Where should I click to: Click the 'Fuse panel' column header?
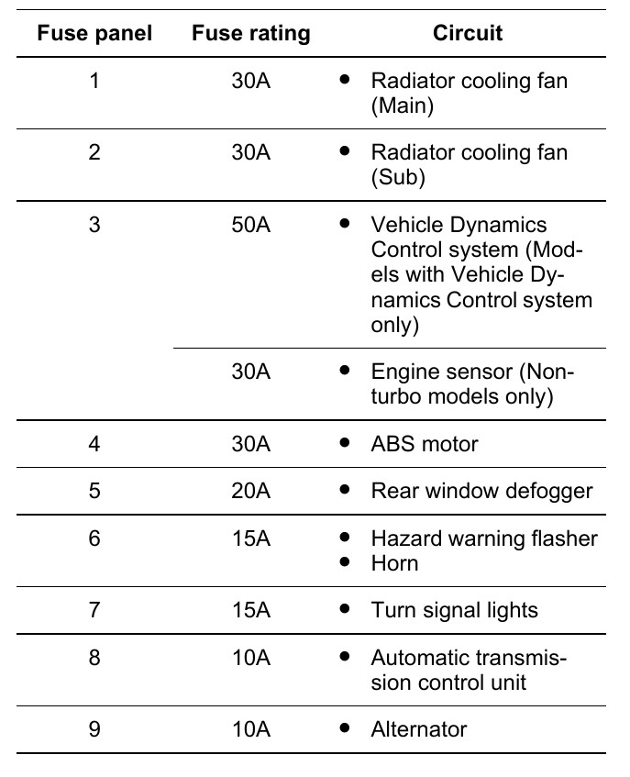pos(94,34)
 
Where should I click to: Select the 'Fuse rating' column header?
pos(250,34)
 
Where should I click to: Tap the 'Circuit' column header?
pos(468,34)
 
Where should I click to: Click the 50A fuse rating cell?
pos(250,225)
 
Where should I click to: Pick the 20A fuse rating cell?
pos(250,491)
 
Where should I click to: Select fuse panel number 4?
pos(94,444)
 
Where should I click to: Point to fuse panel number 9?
pos(94,729)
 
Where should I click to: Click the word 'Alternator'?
pos(418,729)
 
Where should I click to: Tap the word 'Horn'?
pos(394,562)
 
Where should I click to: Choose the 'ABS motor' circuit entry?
pos(424,444)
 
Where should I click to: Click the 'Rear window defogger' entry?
pos(481,491)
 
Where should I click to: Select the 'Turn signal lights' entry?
pos(454,610)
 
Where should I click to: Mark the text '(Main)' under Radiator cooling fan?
pos(402,105)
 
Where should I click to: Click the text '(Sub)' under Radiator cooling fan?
pos(398,178)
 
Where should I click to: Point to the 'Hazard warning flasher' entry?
pos(483,538)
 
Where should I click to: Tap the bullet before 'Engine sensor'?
pos(345,371)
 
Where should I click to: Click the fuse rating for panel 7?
pos(250,610)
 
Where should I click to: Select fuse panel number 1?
pos(94,81)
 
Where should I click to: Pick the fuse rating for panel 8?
pos(250,658)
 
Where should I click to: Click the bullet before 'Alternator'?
pos(345,728)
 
